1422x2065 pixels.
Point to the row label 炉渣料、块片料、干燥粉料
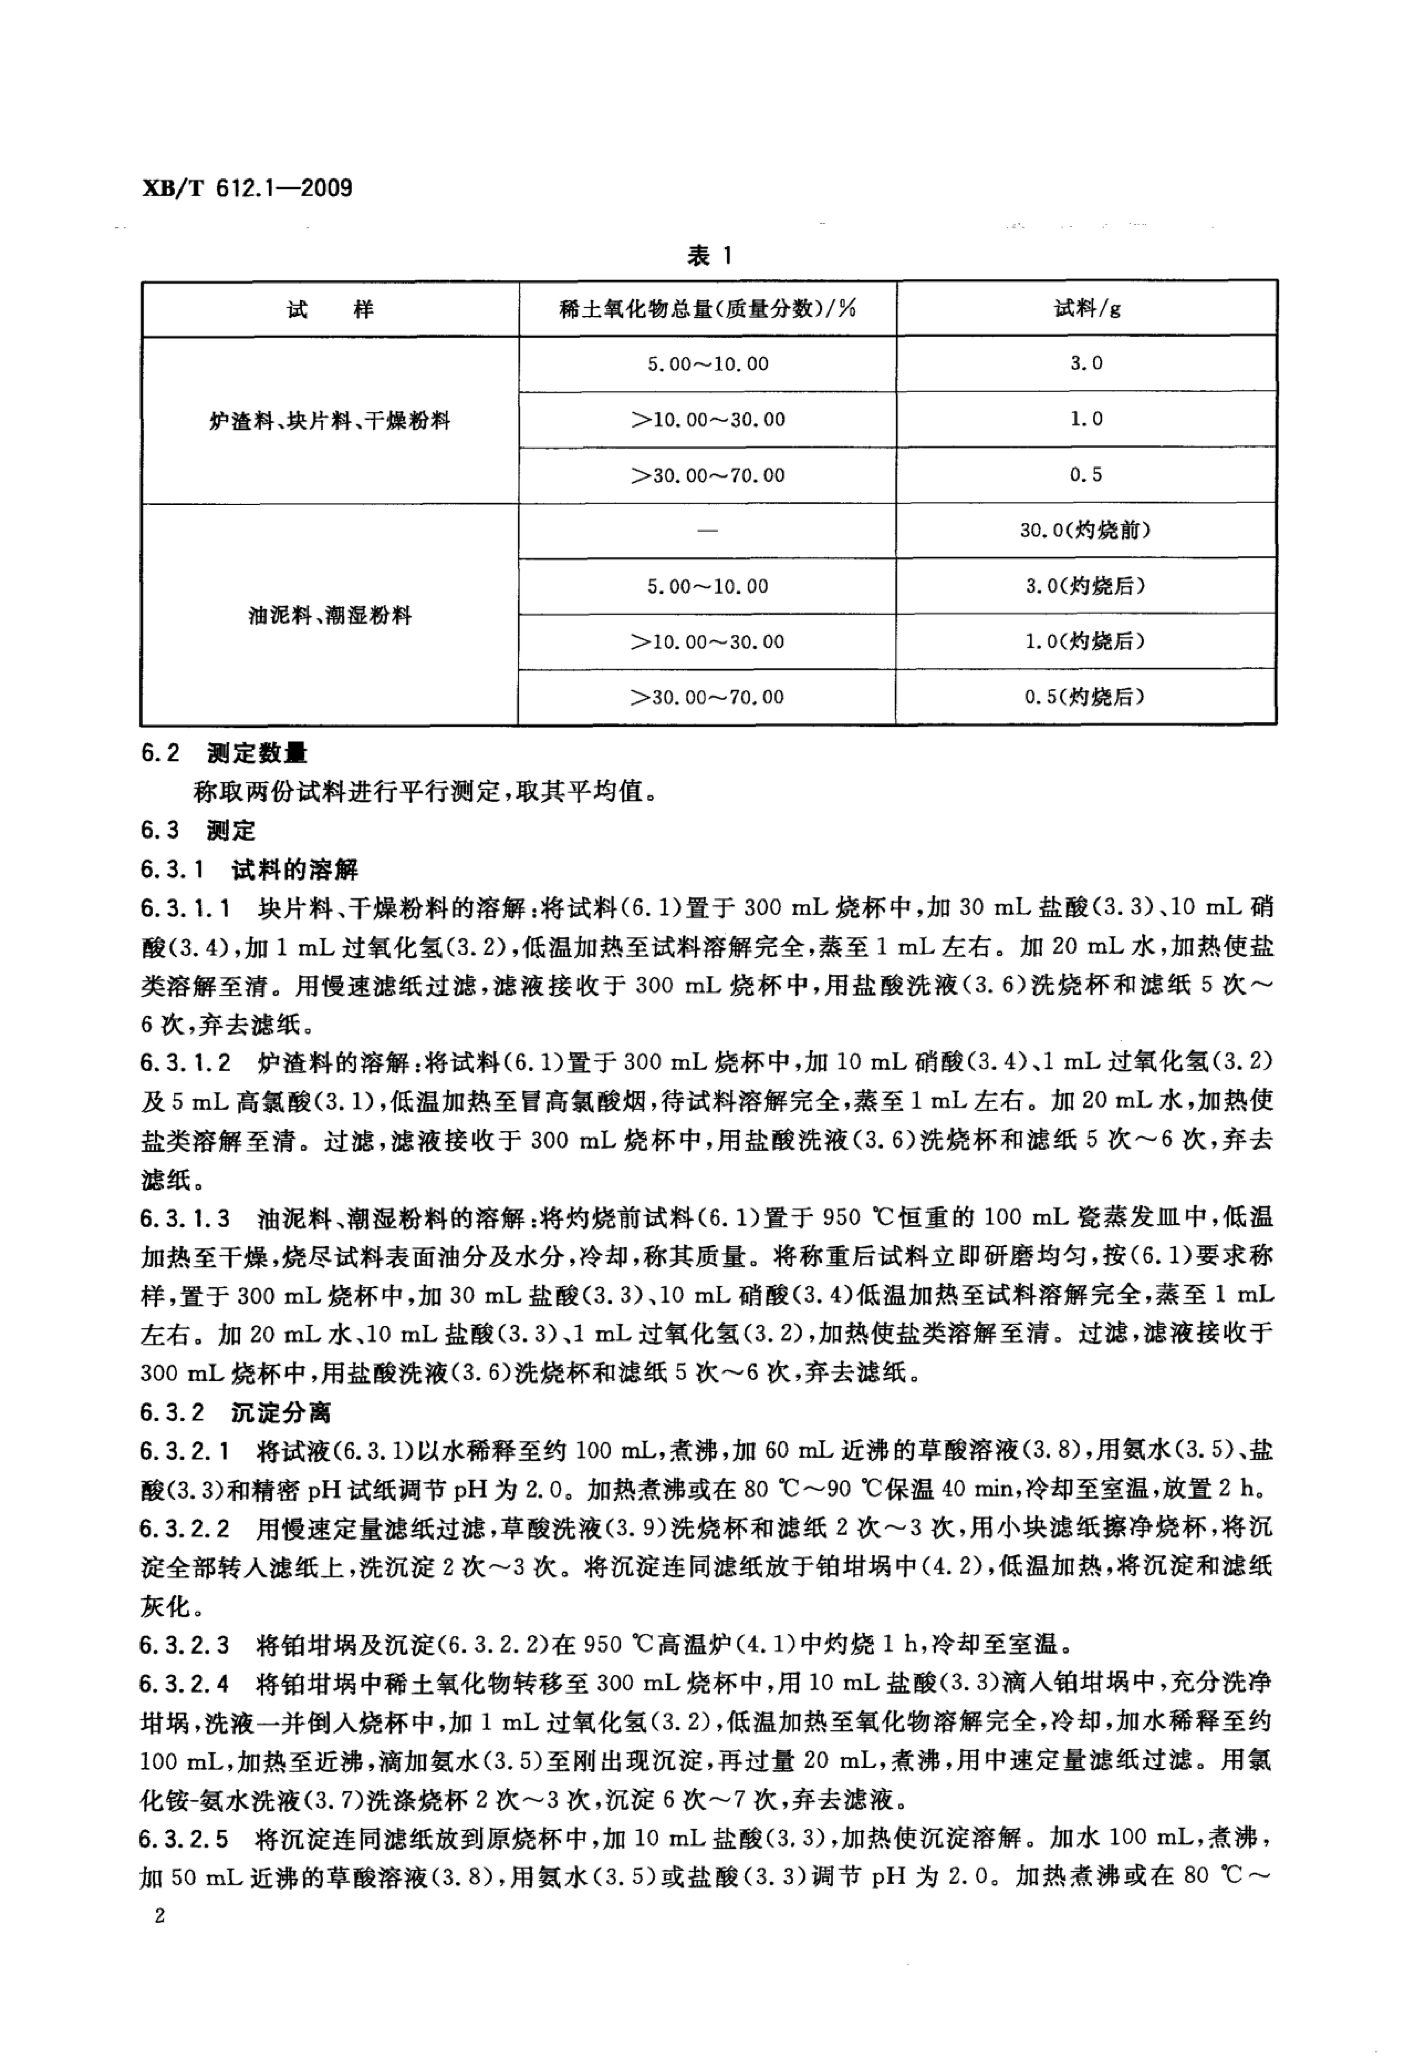pos(330,420)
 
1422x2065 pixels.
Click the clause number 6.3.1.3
pos(185,1217)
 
